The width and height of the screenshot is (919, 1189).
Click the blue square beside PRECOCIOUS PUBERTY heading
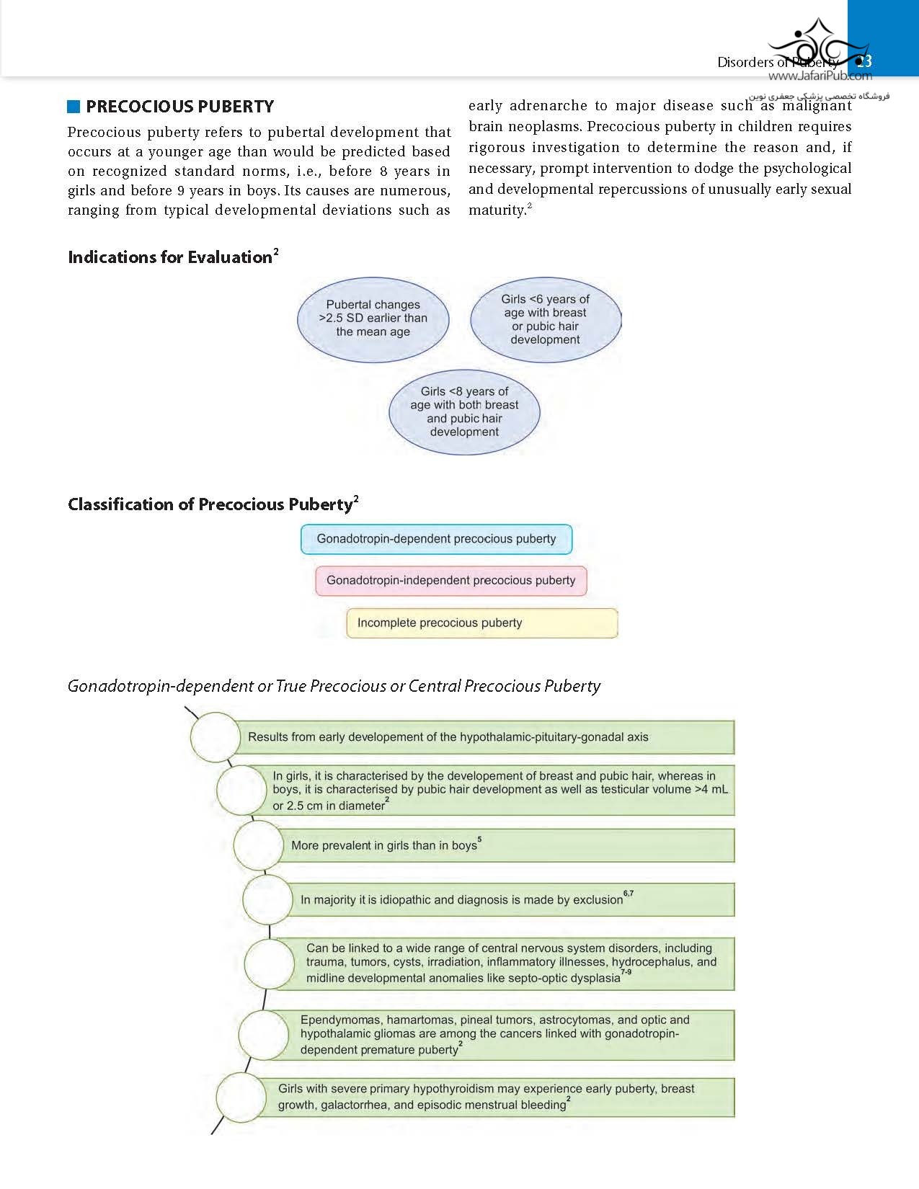74,107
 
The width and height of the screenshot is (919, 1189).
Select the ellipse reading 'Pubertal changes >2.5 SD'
373,319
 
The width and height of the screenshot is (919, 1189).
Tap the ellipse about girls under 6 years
545,319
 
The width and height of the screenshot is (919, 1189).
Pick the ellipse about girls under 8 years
464,411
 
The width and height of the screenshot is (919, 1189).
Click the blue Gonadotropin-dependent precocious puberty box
436,539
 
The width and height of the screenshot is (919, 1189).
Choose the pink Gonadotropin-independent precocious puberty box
450,581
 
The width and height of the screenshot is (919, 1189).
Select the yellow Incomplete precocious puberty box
481,623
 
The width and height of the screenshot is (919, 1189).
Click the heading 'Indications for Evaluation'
170,257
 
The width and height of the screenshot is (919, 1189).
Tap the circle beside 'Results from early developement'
215,737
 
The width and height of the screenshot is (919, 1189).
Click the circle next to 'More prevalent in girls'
258,845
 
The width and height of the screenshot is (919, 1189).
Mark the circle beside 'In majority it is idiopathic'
267,899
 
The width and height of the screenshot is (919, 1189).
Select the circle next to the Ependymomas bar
263,1035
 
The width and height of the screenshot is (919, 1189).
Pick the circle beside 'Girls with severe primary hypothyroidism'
241,1097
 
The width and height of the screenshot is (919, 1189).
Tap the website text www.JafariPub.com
820,76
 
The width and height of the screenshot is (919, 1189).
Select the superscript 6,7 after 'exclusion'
629,894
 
